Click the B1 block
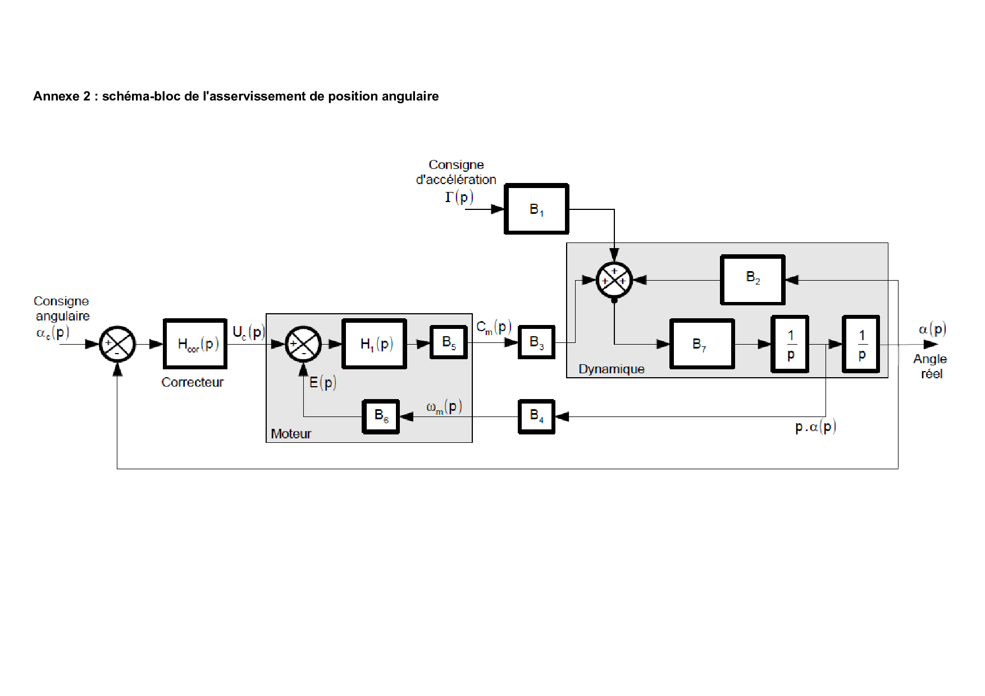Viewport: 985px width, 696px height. coord(536,209)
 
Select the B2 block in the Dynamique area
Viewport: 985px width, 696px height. coord(753,280)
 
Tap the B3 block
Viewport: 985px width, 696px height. coord(536,342)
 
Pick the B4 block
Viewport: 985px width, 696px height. coord(536,416)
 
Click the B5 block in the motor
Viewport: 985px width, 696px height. coord(449,342)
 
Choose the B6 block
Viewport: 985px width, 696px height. coord(381,416)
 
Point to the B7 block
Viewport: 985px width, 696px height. coord(702,344)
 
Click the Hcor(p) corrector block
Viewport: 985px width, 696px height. coord(195,344)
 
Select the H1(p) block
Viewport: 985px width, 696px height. coord(374,344)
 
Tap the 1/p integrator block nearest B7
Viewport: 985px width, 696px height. coord(790,344)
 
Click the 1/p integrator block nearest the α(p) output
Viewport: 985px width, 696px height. coord(861,344)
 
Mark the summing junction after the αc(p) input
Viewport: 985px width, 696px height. coord(117,344)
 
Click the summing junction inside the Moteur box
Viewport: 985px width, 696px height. coord(303,344)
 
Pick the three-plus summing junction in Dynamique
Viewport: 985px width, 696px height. coord(614,280)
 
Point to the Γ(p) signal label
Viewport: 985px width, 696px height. coord(459,197)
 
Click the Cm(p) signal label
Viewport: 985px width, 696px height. coord(494,327)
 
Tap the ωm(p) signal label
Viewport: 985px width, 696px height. coord(444,407)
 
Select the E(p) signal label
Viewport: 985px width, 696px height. coord(322,383)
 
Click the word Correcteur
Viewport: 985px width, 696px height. coord(192,382)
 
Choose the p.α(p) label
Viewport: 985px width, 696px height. coord(815,427)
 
